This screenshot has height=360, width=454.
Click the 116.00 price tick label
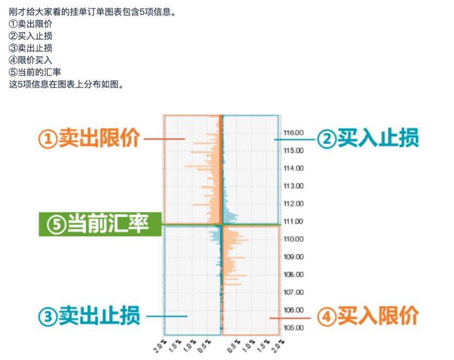[294, 132]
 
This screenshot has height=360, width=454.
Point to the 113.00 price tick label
[294, 186]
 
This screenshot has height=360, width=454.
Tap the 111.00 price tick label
[294, 222]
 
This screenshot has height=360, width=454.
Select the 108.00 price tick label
[294, 275]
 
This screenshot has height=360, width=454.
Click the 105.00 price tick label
[294, 328]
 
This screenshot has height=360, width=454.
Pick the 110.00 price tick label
[294, 239]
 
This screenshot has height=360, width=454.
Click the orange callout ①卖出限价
[89, 138]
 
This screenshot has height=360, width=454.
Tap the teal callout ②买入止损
[368, 138]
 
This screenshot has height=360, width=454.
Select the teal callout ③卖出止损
[89, 316]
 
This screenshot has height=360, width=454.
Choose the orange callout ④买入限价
[368, 316]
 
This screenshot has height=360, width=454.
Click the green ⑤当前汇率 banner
[100, 224]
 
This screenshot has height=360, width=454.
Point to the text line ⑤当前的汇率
[35, 72]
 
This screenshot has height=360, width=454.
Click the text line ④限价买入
[31, 60]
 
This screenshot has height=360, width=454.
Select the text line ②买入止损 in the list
[31, 36]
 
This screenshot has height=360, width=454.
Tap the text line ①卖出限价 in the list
[31, 24]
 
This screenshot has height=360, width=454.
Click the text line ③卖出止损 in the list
[31, 48]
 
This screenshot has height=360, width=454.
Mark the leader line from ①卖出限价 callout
[165, 139]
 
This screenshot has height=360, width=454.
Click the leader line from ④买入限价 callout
[290, 318]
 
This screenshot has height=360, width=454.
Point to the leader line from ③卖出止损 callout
[167, 316]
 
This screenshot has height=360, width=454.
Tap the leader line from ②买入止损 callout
[294, 140]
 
